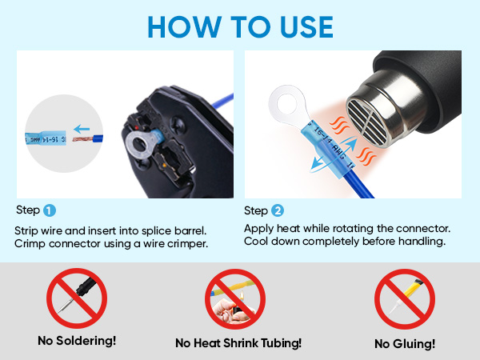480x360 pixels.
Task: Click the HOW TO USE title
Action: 240,26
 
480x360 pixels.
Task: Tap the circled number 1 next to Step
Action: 50,211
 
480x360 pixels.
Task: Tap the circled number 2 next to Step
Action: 278,211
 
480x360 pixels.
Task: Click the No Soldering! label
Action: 77,341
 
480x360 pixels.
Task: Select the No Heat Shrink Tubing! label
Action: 238,343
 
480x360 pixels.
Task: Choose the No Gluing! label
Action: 404,343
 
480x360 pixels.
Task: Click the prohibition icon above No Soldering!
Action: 77,298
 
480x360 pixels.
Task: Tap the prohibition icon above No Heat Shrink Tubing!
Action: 237,298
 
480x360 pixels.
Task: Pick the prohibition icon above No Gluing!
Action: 405,298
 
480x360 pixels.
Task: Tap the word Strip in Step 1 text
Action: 26,230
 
